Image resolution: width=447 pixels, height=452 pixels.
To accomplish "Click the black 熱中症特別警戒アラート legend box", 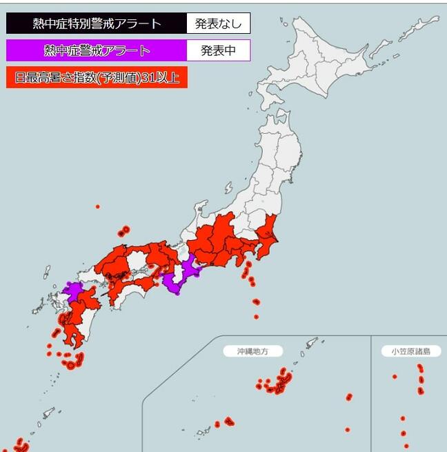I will click(x=97, y=23).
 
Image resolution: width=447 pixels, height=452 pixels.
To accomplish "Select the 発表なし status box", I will click(x=218, y=23).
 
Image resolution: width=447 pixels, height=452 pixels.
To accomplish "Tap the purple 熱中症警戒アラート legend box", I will click(x=97, y=50).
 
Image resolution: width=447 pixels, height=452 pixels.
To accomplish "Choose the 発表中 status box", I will click(x=218, y=50).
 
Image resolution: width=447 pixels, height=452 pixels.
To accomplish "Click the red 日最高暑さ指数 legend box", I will click(x=97, y=77).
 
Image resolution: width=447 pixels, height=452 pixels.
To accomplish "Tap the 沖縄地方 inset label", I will click(x=244, y=351).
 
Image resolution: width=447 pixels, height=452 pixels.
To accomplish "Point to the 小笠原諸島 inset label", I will click(x=411, y=351).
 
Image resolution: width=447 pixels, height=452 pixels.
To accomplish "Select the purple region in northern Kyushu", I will click(x=72, y=289).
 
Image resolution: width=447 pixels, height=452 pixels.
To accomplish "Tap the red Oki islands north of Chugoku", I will click(x=124, y=230).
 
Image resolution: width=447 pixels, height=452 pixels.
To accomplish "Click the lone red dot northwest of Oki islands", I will click(x=97, y=206).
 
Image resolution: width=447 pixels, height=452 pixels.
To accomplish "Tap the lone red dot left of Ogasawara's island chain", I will click(x=395, y=377).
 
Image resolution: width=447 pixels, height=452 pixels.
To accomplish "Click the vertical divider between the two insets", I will click(x=371, y=393).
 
